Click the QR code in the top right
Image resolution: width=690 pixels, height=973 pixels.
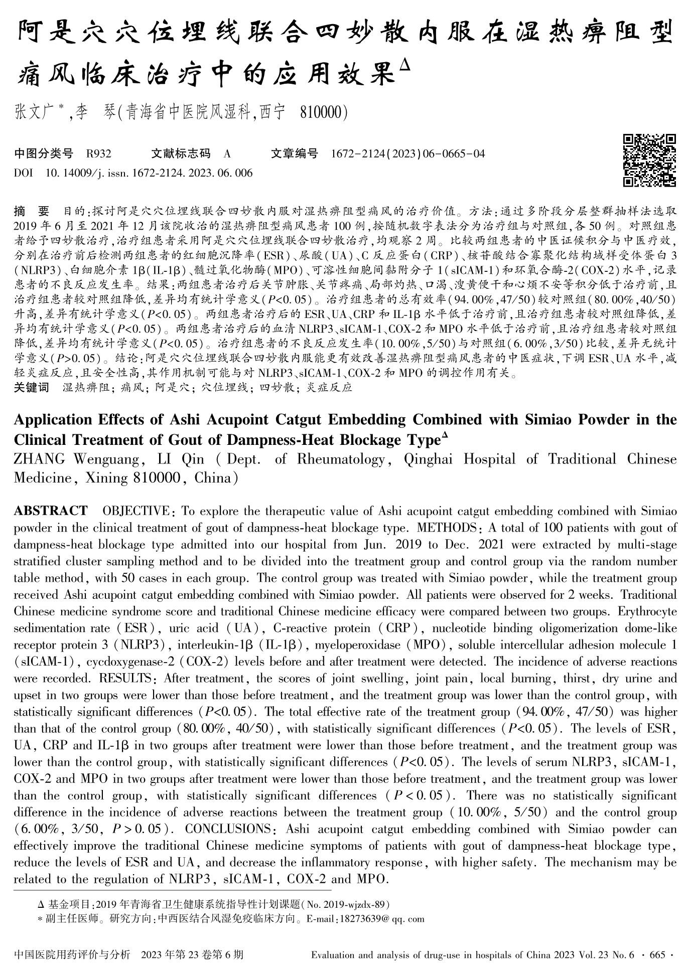click(x=649, y=160)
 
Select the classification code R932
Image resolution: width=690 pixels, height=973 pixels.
click(x=98, y=153)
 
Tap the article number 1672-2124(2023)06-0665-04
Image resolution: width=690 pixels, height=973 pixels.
click(x=408, y=153)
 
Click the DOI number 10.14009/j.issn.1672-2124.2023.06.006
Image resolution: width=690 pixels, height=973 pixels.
click(x=149, y=174)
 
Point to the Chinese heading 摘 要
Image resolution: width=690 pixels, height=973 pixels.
click(x=32, y=210)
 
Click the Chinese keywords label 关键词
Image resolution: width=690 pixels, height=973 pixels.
click(x=31, y=388)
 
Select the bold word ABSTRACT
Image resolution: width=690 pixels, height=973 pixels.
click(x=50, y=511)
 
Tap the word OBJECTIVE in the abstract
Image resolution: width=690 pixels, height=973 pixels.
click(x=135, y=511)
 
